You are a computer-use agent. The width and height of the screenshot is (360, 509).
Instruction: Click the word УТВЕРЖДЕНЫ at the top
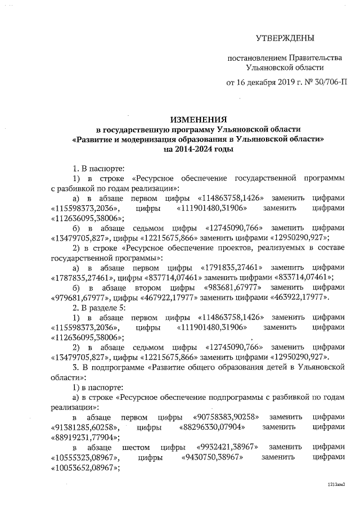click(x=285, y=38)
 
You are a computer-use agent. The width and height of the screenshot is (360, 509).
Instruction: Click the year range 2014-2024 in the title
click(x=188, y=150)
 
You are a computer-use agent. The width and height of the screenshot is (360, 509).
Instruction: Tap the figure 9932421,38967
click(x=228, y=447)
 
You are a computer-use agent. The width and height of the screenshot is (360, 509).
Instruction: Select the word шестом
click(x=137, y=447)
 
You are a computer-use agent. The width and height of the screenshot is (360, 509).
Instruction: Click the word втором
click(x=150, y=286)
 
